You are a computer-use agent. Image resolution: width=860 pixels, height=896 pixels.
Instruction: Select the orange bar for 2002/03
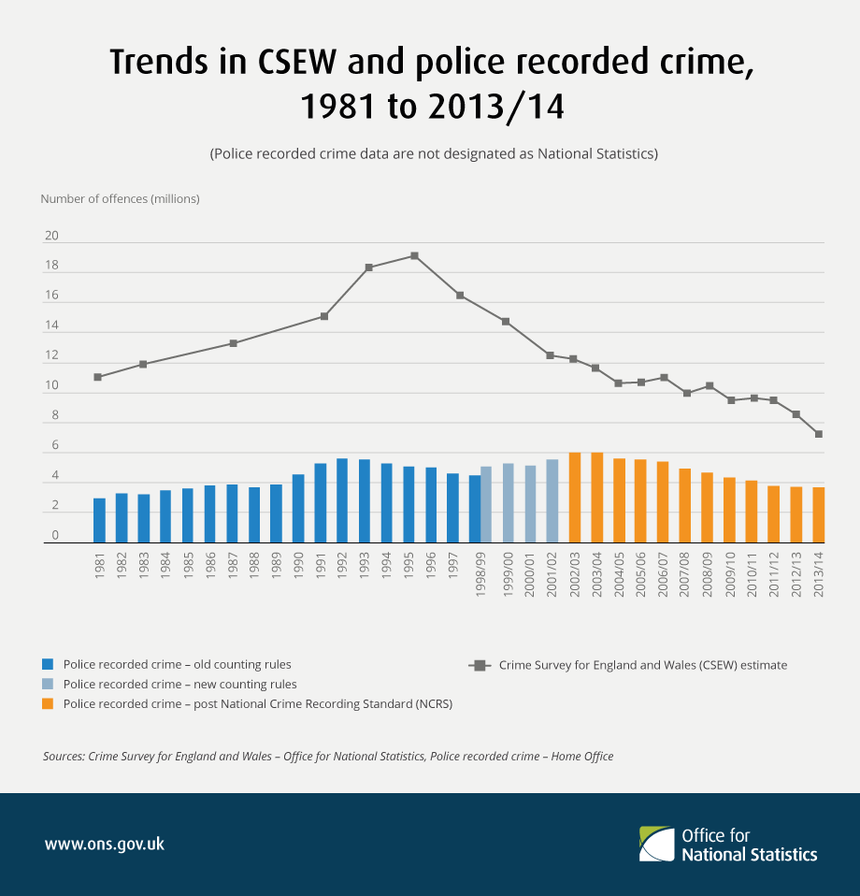point(575,498)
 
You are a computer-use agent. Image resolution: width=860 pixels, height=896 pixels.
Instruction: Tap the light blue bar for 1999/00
point(509,503)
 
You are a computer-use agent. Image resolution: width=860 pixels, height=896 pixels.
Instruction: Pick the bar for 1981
point(99,520)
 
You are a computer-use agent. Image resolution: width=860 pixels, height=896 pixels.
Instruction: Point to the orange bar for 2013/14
point(818,514)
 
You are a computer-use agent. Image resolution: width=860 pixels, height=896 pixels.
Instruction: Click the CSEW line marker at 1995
point(414,255)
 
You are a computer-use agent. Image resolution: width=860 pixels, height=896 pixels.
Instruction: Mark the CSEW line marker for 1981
point(98,377)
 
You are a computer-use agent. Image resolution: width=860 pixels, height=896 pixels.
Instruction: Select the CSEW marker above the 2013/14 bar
point(818,434)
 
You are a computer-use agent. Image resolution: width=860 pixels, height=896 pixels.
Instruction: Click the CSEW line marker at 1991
point(324,316)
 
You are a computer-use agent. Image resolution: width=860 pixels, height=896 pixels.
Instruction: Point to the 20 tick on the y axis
point(51,236)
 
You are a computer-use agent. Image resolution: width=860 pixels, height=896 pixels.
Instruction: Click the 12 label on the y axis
point(51,356)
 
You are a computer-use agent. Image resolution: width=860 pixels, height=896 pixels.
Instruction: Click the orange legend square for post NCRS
point(49,703)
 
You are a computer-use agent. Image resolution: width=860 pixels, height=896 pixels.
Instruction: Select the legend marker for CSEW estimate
point(480,665)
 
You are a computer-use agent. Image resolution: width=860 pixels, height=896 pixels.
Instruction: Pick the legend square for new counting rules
point(49,684)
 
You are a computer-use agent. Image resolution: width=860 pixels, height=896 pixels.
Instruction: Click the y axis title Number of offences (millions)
point(120,198)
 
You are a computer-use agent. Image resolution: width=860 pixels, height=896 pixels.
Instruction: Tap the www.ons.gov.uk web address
point(105,844)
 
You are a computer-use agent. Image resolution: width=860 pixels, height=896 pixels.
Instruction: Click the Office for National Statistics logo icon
point(656,844)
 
